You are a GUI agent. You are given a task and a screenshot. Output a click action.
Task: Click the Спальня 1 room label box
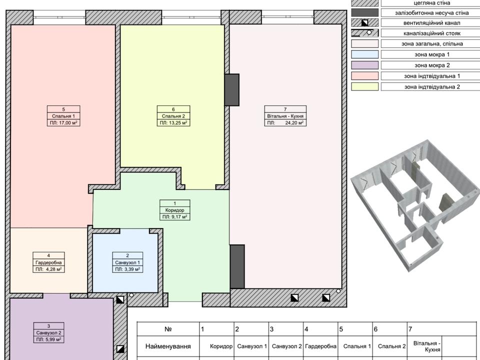(63, 116)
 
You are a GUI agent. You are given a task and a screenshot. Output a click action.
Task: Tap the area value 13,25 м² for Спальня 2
(178, 123)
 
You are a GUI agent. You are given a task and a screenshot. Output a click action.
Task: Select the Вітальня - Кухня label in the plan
(285, 116)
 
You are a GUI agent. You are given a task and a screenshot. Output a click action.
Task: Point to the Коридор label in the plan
(175, 210)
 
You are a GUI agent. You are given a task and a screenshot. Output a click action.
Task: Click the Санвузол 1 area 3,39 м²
(132, 269)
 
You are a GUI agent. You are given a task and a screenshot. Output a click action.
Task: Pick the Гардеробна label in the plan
(48, 262)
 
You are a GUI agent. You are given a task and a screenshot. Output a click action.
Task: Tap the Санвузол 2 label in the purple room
(48, 333)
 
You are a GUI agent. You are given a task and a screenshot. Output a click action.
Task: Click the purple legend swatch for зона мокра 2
(364, 65)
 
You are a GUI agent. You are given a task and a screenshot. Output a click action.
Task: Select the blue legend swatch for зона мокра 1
(364, 54)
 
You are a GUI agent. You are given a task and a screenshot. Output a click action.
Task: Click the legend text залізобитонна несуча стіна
(431, 13)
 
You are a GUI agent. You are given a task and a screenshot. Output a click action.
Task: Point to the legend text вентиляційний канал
(431, 23)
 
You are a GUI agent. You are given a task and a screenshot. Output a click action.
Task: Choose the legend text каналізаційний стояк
(431, 33)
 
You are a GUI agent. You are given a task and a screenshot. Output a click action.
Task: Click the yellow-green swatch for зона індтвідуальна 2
(364, 86)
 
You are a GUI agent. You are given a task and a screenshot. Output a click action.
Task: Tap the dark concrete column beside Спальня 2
(231, 89)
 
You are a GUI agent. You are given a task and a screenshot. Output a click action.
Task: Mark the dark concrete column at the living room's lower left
(237, 266)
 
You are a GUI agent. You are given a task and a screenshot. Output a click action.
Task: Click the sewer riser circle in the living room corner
(338, 291)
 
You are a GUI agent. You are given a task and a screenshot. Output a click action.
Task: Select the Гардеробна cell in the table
(320, 346)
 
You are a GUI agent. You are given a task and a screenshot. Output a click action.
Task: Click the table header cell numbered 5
(355, 329)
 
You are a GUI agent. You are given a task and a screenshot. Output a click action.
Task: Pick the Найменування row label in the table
(168, 346)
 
